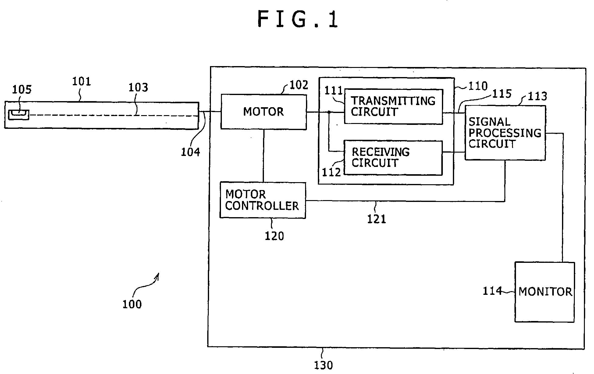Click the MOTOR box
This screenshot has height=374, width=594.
264,112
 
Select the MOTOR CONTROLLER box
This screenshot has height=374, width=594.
263,200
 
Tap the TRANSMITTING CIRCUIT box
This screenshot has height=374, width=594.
393,107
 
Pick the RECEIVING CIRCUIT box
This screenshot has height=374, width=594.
393,158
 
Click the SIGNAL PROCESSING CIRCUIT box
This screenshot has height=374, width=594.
505,133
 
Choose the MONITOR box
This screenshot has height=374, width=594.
545,292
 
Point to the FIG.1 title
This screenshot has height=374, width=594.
297,19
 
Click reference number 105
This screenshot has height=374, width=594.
22,90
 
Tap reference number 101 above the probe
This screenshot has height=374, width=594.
81,82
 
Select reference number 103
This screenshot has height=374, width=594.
138,87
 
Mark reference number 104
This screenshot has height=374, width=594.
190,152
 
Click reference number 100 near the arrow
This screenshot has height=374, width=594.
132,304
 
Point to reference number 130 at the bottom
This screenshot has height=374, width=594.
323,365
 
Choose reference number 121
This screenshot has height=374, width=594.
376,219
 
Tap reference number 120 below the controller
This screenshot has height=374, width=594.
274,236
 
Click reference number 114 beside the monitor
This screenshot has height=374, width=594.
492,291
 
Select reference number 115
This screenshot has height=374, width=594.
502,94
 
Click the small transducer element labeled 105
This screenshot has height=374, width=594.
19,115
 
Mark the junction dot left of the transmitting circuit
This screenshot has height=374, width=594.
329,112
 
